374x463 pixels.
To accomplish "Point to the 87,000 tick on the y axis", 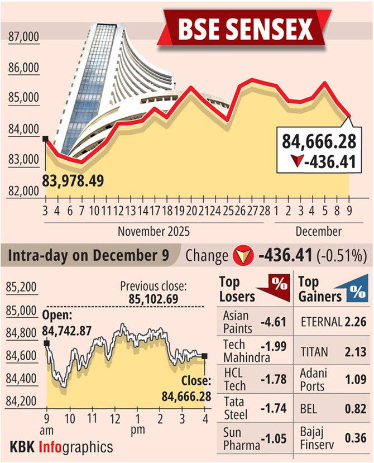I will [x=23, y=37].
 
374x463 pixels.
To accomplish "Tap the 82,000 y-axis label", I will [x=23, y=191].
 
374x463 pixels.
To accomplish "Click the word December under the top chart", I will [x=318, y=231].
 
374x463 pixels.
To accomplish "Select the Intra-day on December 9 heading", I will [x=92, y=256].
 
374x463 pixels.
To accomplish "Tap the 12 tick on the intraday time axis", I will [x=115, y=419].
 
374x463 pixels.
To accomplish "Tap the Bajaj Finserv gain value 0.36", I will [x=356, y=438].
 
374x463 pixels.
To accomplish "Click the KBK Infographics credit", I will [x=61, y=446].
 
